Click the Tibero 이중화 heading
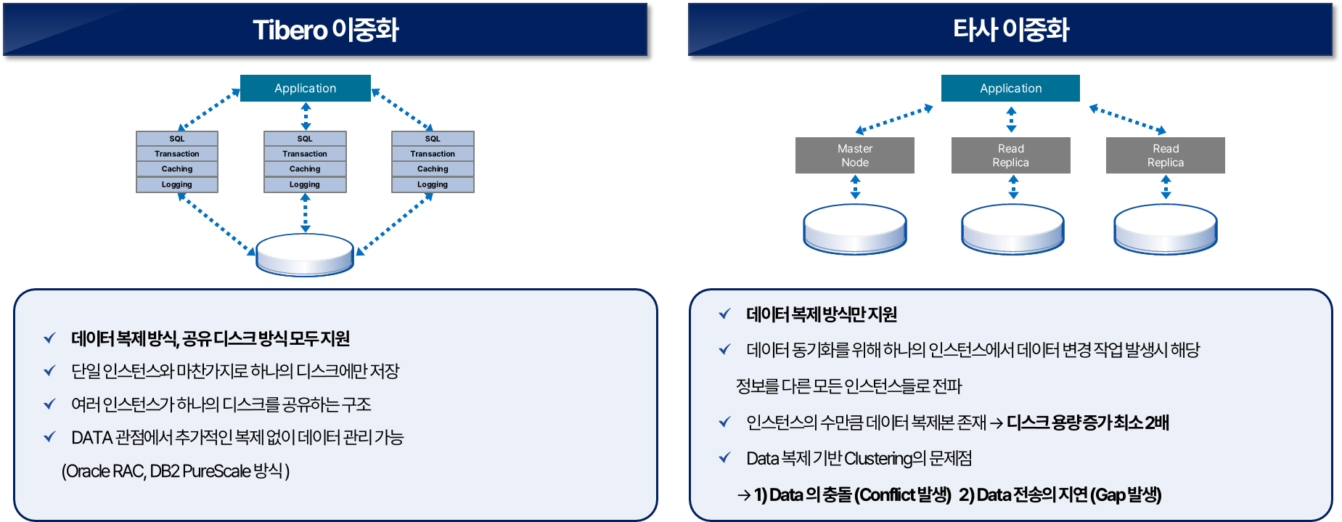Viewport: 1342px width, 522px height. pos(325,30)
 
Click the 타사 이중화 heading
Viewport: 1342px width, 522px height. pos(1010,30)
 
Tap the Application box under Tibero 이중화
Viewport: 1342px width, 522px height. pos(305,88)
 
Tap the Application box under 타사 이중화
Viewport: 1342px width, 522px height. pos(1010,88)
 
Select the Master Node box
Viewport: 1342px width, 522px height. pos(854,155)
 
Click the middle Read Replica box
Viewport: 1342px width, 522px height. pos(1010,155)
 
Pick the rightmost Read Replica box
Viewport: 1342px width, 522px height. pos(1165,155)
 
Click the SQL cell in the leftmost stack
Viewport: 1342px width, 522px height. pos(177,139)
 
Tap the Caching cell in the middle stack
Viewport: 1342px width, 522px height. pos(305,169)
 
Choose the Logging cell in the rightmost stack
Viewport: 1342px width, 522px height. pos(433,184)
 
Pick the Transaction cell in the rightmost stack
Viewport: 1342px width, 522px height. pos(433,154)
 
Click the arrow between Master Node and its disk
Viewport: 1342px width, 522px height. pos(855,187)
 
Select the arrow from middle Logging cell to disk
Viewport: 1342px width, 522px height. pos(306,213)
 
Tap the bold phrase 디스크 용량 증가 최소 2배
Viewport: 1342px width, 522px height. pos(1087,423)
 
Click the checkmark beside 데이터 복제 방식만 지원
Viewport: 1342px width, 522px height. pos(724,314)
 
